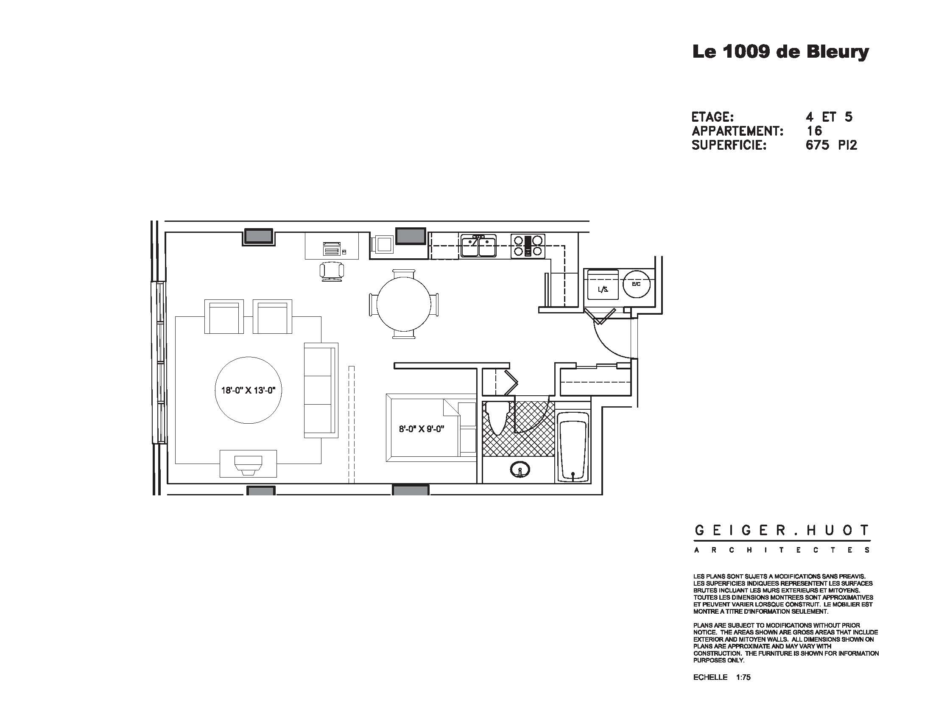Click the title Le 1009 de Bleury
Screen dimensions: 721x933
point(780,52)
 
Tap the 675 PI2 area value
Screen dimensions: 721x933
point(831,145)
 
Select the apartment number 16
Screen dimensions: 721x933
point(814,131)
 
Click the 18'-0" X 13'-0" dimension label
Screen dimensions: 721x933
point(248,390)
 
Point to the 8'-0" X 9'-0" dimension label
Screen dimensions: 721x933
point(422,429)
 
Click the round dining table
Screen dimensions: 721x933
point(404,304)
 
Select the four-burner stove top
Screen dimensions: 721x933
point(528,246)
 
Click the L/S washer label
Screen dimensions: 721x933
point(602,290)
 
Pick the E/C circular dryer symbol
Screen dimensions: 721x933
point(636,284)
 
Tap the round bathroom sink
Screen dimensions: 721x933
point(520,470)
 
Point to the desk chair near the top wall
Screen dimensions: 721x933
point(332,271)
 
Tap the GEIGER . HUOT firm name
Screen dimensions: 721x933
point(781,531)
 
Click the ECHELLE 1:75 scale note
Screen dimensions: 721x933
point(721,677)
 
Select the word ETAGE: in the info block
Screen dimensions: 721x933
point(712,117)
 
